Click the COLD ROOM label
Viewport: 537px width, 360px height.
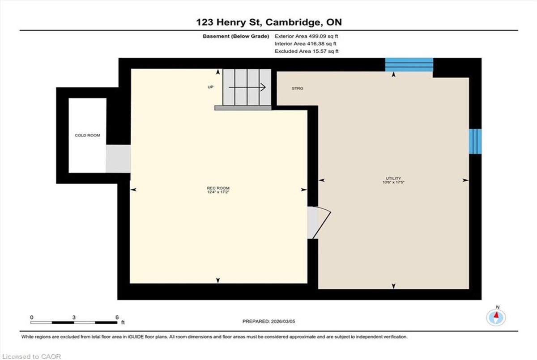coord(87,136)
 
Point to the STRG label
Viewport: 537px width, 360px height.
coord(298,89)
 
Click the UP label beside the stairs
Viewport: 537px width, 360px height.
coord(210,87)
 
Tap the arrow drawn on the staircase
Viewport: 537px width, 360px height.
coord(247,87)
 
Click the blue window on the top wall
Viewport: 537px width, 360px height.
coord(409,65)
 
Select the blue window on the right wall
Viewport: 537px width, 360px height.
coord(475,141)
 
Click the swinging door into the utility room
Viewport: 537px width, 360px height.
coord(322,223)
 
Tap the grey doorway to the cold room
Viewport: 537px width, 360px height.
coord(118,159)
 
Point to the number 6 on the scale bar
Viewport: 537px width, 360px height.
coord(117,318)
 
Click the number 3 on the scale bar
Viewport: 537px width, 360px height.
coord(74,318)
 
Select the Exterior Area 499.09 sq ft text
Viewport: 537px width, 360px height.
coord(307,36)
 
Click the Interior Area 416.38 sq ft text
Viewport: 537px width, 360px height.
coord(305,43)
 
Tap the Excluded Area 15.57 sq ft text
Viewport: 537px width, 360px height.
coord(307,51)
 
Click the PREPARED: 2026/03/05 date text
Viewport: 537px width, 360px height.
coord(269,322)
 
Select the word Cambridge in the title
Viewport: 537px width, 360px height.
coord(294,22)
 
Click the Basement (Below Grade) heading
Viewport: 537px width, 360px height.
coord(236,36)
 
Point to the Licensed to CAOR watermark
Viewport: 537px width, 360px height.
coord(31,356)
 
